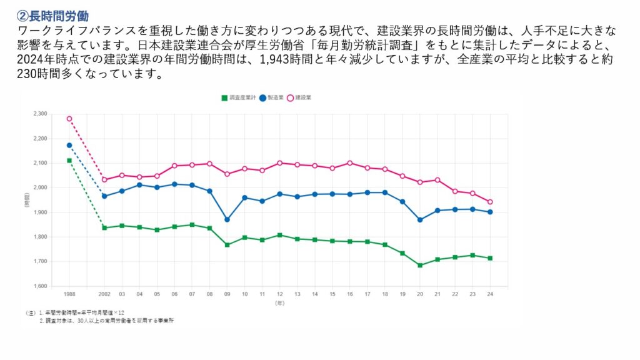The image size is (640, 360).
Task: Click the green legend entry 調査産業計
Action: (x=238, y=98)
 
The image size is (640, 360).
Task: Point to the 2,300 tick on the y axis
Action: (x=39, y=114)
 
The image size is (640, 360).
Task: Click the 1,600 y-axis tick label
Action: (x=39, y=286)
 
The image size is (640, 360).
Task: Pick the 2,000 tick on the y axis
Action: (x=39, y=187)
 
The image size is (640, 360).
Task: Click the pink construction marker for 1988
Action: (x=69, y=119)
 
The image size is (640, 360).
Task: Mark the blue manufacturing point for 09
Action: (x=227, y=219)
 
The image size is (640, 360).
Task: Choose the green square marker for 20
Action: (x=420, y=266)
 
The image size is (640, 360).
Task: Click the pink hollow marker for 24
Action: (x=490, y=202)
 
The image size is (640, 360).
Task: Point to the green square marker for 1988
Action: (x=69, y=161)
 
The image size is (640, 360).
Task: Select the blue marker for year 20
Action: (x=420, y=220)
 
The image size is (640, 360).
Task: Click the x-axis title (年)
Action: (x=279, y=302)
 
